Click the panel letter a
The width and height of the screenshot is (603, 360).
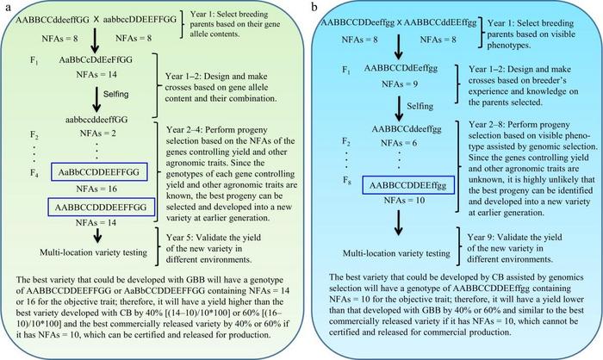pos(8,8)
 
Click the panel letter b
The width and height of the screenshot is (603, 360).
pos(315,8)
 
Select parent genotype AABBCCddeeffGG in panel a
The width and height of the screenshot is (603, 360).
pos(53,20)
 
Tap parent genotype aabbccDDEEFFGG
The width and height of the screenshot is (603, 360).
pos(140,19)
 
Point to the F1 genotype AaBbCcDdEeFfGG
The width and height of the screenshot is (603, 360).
pos(96,60)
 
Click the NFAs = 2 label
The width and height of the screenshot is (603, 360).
pos(97,133)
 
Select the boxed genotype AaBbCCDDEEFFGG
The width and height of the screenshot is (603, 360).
pos(99,172)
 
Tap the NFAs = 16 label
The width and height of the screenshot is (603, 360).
pos(96,189)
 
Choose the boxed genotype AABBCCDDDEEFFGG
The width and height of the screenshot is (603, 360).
pos(101,208)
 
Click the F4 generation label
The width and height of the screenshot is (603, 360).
pos(34,173)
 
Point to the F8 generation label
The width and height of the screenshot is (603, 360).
pos(347,180)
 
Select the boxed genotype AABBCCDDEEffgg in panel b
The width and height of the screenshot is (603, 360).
pos(408,186)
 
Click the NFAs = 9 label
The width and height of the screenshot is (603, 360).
pos(400,84)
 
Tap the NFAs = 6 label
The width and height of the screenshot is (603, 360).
pos(399,143)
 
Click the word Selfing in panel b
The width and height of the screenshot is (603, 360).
pos(420,106)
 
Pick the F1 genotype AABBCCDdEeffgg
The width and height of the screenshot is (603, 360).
pos(401,68)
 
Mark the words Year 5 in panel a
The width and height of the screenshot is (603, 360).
pos(180,238)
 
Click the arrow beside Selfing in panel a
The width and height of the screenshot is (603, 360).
pos(96,99)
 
